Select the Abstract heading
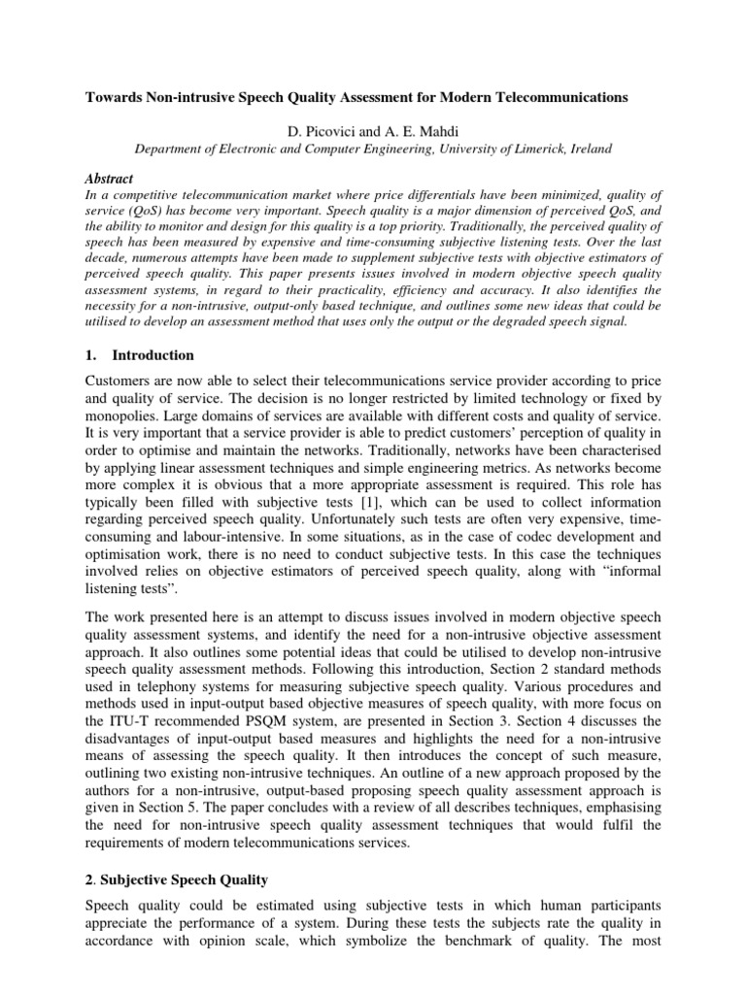[138, 180]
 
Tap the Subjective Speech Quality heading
[205, 879]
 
